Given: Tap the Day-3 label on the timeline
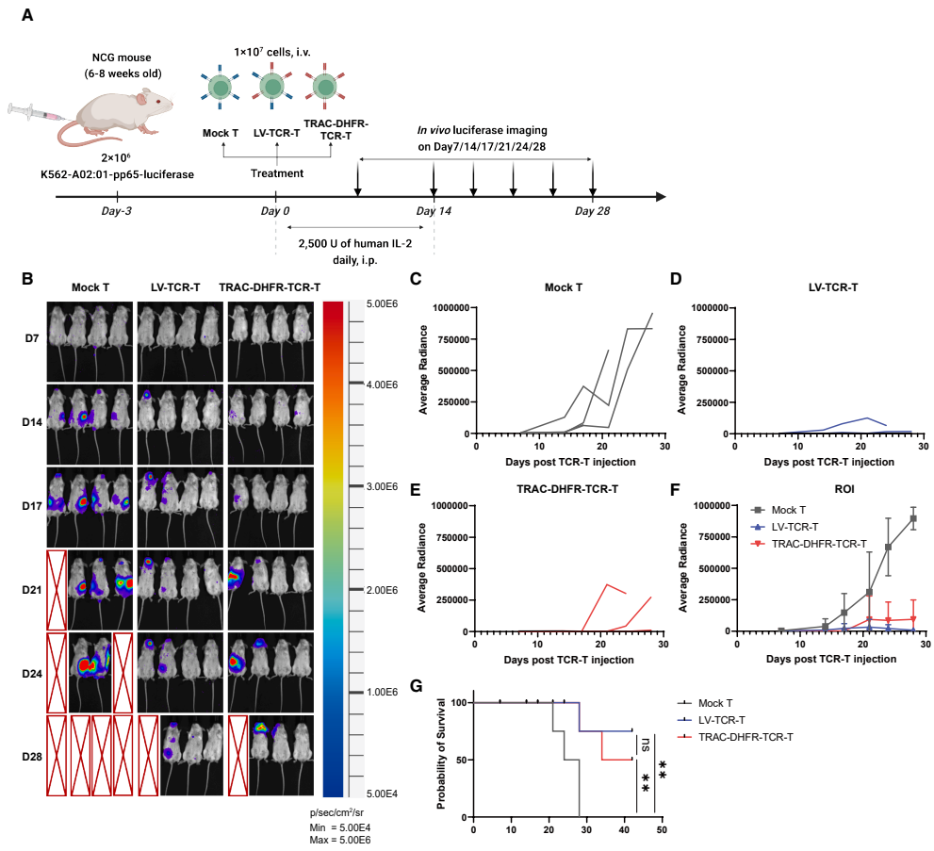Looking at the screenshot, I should point(117,210).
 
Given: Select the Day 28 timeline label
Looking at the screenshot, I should point(592,210).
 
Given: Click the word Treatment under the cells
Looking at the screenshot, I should point(276,173).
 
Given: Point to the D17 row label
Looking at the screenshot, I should point(33,508).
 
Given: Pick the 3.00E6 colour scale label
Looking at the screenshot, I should point(382,486).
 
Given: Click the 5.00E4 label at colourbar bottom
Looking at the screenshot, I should point(382,794).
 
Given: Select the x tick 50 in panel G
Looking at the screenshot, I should point(662,830).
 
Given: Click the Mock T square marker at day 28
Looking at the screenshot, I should point(912,518).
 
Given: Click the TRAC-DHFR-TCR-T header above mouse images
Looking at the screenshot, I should point(269,287).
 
